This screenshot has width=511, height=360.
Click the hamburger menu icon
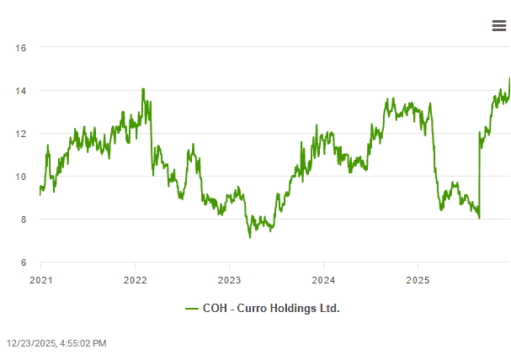[499, 26]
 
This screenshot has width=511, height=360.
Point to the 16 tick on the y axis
[21, 48]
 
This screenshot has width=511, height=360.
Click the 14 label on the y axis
[21, 91]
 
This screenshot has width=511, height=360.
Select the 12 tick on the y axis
[21, 134]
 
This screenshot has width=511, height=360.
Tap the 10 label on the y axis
[21, 177]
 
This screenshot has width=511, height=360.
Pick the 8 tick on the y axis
[24, 220]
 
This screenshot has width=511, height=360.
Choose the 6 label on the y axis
[24, 262]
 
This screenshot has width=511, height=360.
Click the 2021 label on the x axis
[41, 278]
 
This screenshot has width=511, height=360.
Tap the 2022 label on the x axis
[136, 278]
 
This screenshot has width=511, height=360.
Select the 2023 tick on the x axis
[230, 278]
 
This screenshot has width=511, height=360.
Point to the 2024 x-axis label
[324, 278]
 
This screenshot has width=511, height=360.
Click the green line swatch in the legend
[192, 309]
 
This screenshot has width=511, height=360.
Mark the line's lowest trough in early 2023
[249, 237]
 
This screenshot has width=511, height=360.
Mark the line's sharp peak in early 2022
[143, 88]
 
